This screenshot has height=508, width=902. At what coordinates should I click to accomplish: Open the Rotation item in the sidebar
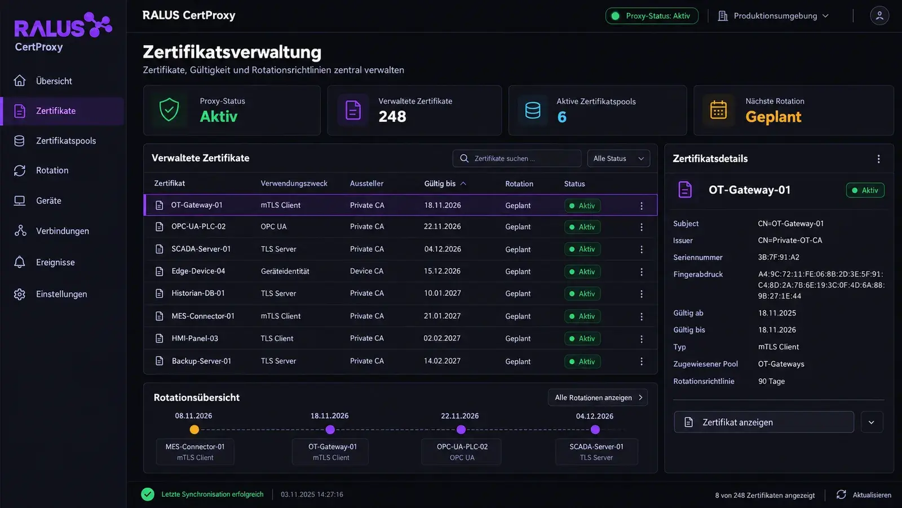click(52, 170)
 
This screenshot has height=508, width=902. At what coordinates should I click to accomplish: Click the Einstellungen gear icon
click(19, 294)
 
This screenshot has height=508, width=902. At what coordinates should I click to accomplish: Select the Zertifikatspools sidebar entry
click(66, 141)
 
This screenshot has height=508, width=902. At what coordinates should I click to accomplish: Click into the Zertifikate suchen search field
click(517, 159)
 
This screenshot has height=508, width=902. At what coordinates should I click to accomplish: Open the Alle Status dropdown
click(618, 159)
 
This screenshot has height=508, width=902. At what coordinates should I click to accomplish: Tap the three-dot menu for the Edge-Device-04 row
click(642, 271)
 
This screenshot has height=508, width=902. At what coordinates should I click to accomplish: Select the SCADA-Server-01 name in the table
click(201, 249)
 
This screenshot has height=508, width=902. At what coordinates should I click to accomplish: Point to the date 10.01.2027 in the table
click(442, 293)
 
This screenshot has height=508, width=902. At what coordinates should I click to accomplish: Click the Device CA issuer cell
click(366, 271)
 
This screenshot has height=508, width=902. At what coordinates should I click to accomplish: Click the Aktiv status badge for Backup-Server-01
click(582, 362)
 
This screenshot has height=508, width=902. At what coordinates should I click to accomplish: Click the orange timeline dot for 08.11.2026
click(194, 430)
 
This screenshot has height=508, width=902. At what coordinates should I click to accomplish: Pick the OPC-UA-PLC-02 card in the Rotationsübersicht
click(462, 452)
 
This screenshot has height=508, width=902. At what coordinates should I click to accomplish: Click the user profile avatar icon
click(879, 16)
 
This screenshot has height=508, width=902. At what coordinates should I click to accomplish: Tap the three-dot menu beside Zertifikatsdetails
click(879, 159)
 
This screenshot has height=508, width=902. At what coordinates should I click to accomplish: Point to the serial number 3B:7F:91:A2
click(779, 257)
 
